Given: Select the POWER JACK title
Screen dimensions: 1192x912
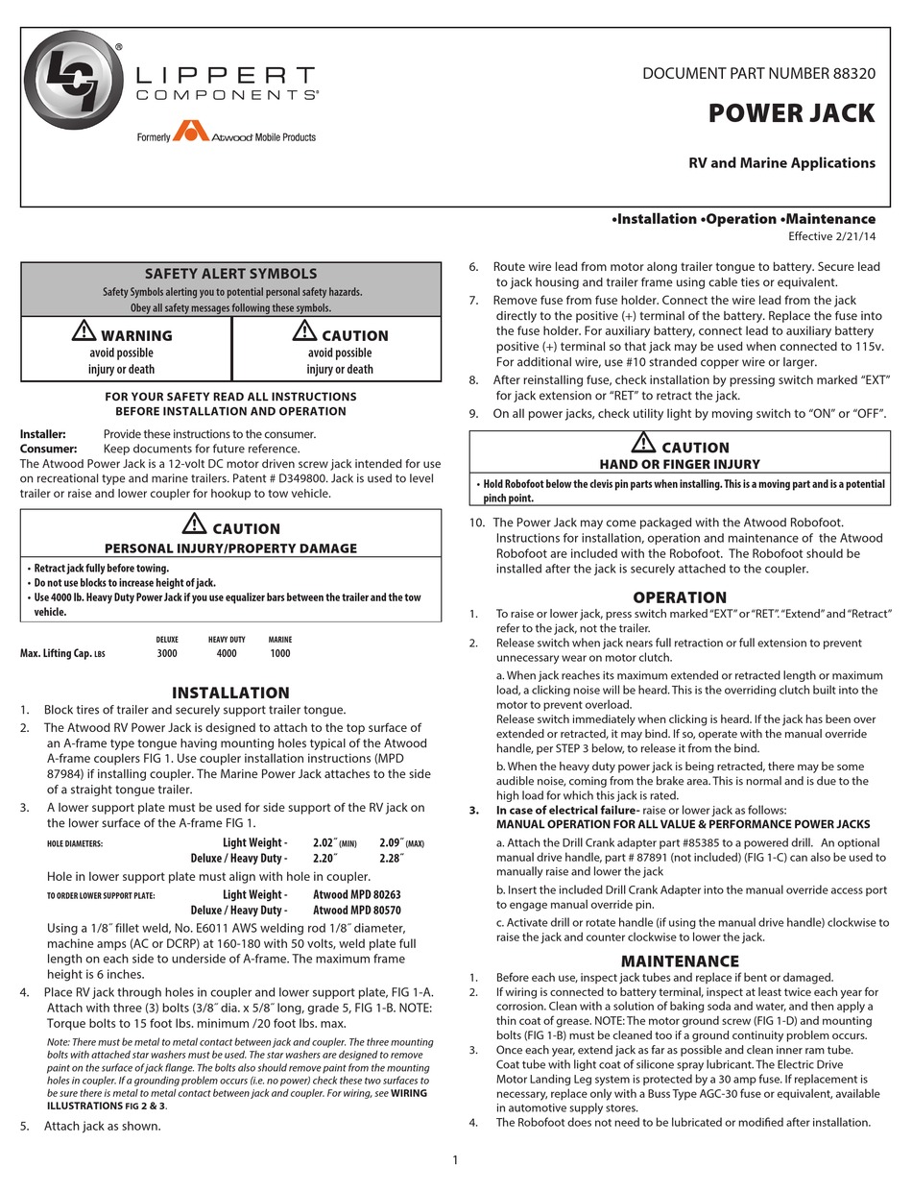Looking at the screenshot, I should click(x=791, y=113).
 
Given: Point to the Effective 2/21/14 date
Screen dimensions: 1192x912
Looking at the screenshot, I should click(x=831, y=236).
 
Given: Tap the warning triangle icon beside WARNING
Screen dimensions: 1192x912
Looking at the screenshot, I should click(x=84, y=332).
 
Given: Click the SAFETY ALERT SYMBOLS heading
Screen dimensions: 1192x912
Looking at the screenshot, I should click(x=230, y=274).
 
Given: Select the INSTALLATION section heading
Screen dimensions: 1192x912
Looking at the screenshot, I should click(x=230, y=693).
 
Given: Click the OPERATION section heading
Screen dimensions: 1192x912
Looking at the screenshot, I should click(x=680, y=596).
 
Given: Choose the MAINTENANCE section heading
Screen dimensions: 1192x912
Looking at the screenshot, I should click(x=680, y=961).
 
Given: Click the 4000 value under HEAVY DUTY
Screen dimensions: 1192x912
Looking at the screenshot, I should click(x=227, y=654).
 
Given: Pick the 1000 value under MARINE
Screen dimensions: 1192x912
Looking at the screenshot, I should click(x=280, y=654).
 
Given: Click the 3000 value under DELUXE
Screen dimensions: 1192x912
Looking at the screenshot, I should click(x=167, y=654).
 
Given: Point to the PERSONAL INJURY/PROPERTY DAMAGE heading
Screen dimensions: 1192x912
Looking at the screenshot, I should click(x=230, y=548).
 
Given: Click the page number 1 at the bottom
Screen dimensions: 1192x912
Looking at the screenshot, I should click(x=455, y=1160).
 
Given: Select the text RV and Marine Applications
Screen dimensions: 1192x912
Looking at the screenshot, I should click(x=781, y=163).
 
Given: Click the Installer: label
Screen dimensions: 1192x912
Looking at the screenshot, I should click(x=43, y=434).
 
